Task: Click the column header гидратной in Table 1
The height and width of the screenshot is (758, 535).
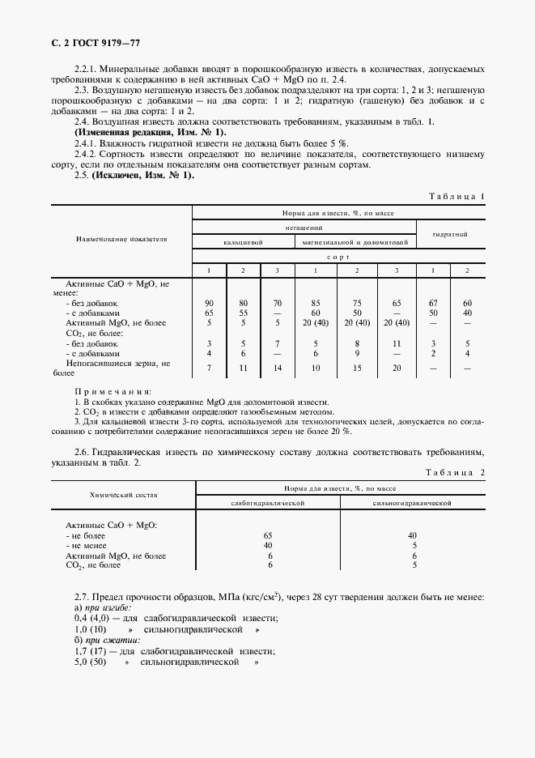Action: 449,234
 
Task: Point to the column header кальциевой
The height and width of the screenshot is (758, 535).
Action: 243,242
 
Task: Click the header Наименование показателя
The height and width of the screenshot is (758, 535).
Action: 121,240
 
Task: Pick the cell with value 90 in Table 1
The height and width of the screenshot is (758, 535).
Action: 209,302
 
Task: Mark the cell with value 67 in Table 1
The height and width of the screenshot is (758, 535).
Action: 433,302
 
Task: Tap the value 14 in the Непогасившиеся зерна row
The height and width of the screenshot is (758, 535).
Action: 278,368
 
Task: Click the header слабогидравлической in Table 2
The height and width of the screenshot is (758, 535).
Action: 268,503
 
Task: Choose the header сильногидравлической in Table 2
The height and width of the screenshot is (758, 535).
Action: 411,503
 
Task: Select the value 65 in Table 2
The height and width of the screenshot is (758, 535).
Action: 268,535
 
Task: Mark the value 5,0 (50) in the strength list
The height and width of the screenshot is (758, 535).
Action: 91,662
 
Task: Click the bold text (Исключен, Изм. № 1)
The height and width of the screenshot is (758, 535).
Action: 142,175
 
